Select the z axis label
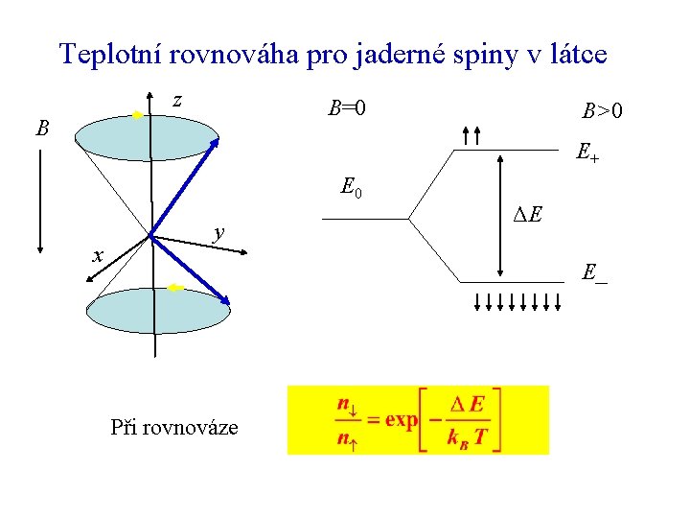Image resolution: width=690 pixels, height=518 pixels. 177,100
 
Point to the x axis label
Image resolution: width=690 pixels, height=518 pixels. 97,255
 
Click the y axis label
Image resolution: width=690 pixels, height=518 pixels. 219,231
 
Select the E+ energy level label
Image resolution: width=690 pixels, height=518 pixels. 587,152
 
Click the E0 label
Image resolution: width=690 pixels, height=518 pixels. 351,187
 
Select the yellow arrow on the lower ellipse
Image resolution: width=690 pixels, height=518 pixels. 174,288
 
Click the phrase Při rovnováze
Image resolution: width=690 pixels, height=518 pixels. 174,427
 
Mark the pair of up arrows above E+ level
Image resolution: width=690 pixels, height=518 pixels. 471,136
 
